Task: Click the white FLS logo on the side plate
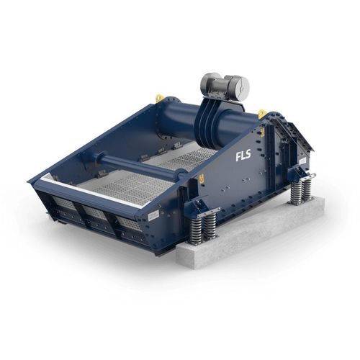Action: tap(243, 156)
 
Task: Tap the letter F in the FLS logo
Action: tap(238, 157)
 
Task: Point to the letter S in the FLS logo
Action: tap(248, 154)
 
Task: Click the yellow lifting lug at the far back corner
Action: tap(159, 98)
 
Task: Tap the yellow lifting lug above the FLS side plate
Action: tap(261, 114)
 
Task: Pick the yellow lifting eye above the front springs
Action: tap(202, 178)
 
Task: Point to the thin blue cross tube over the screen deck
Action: tap(135, 164)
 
